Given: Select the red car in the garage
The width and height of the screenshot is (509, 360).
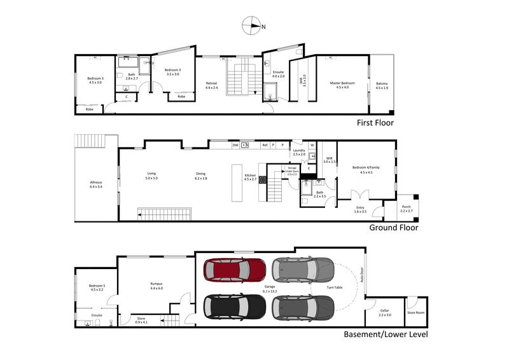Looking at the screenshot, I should (x=234, y=272).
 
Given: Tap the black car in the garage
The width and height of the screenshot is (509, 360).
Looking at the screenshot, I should (x=234, y=308).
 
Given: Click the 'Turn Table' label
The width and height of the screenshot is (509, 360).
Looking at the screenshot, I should (x=334, y=287).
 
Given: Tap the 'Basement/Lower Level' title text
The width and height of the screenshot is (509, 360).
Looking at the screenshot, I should (x=386, y=334).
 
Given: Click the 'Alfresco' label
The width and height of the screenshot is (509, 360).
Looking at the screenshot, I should (x=96, y=183).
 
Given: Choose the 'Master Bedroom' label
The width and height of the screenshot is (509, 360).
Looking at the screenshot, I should (x=342, y=83).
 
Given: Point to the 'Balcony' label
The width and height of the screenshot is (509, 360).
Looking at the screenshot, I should (x=382, y=84).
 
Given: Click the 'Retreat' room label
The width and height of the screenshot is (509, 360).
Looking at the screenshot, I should (x=211, y=83).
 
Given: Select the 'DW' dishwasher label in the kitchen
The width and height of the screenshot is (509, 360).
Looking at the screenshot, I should (x=235, y=145).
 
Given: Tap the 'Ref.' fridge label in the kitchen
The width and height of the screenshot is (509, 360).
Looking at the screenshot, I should (x=265, y=145).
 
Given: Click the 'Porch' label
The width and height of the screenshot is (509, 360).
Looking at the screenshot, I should (x=407, y=207).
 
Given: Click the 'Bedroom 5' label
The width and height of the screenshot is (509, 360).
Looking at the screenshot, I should (x=96, y=287).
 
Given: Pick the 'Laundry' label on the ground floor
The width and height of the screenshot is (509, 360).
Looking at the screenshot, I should (x=299, y=151).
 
